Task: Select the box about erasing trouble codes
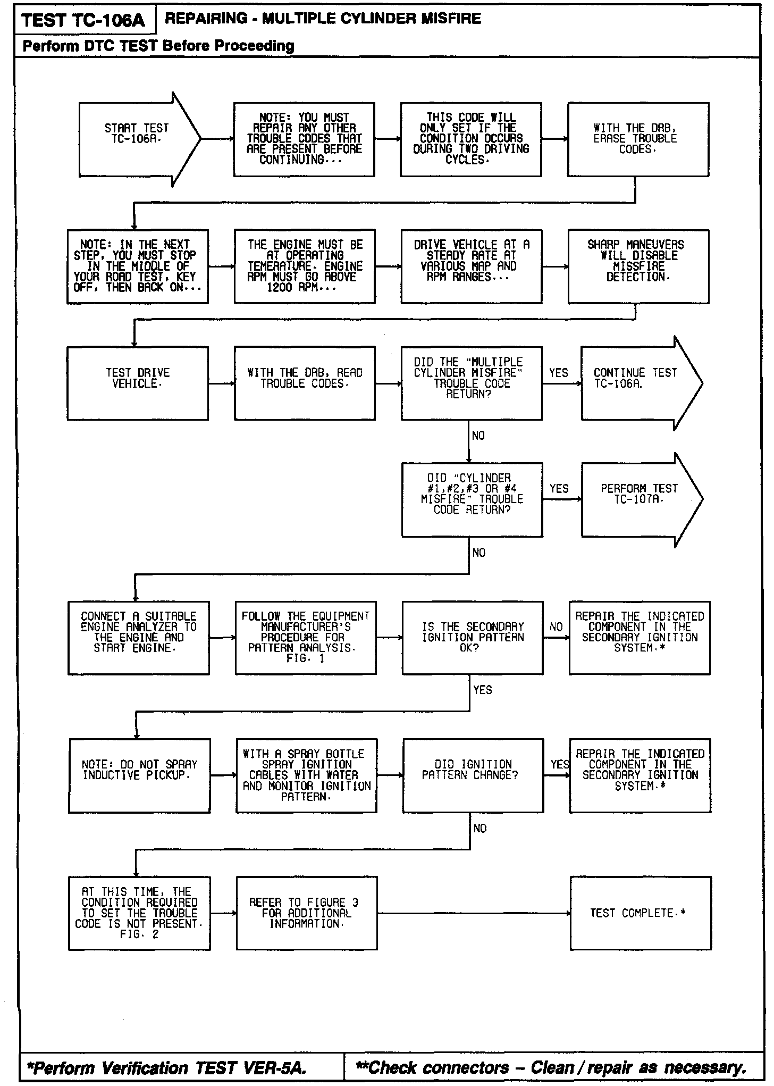coord(638,139)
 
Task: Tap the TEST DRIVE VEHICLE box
coord(138,383)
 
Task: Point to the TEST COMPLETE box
coord(641,913)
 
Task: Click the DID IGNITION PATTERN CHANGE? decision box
coord(473,775)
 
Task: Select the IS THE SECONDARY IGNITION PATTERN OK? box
coord(473,638)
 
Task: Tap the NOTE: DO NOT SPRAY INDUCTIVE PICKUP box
coord(139,775)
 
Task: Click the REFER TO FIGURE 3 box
coord(307,913)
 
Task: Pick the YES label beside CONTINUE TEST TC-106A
coord(558,373)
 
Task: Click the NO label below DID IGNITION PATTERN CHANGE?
coord(479,829)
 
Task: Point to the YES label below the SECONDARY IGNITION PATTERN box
coord(482,690)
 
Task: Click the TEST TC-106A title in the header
coord(83,20)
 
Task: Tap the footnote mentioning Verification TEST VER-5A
coord(167,1067)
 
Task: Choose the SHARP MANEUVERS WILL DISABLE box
coord(638,266)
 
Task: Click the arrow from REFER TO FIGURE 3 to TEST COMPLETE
coord(473,914)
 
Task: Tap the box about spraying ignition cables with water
coord(307,775)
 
